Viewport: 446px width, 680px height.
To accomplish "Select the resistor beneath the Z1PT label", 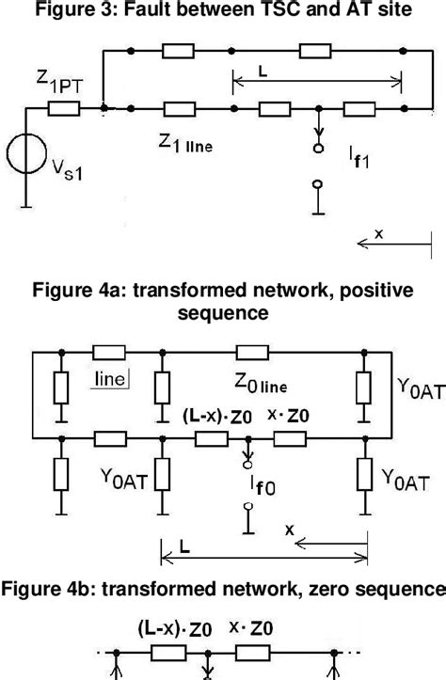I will (x=64, y=110).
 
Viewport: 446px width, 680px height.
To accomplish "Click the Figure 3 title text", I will (x=223, y=10).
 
